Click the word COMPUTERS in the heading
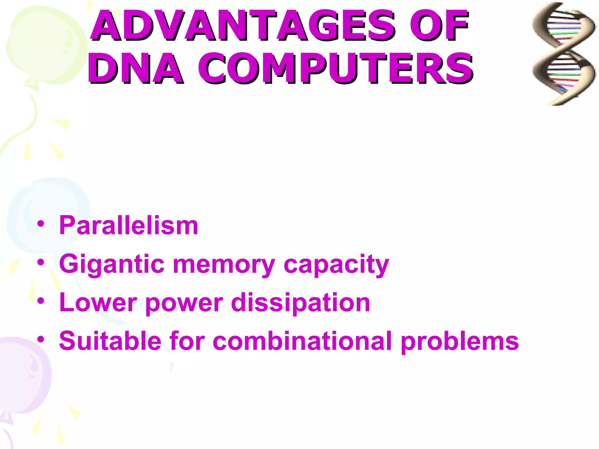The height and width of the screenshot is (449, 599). pos(335,68)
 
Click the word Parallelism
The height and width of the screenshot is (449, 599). pos(129,225)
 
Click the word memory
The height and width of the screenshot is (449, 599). pos(224,264)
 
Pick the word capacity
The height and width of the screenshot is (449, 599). pos(336,264)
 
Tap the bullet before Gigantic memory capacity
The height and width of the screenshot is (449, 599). pos(41,263)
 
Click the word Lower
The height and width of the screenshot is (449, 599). pos(98,303)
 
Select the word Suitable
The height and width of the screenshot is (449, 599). pos(110,341)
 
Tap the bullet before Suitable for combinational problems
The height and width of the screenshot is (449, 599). pos(41,339)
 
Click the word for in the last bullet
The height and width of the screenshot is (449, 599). pos(187,341)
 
